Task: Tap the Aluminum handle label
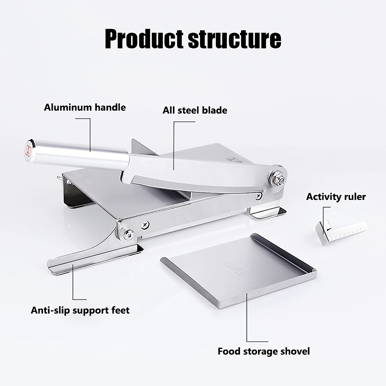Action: (85, 107)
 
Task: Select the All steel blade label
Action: (195, 110)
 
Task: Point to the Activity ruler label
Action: (336, 197)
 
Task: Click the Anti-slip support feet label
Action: (80, 310)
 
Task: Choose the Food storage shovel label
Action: (263, 351)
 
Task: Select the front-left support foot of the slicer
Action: (93, 260)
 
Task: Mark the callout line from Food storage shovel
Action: (247, 322)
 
